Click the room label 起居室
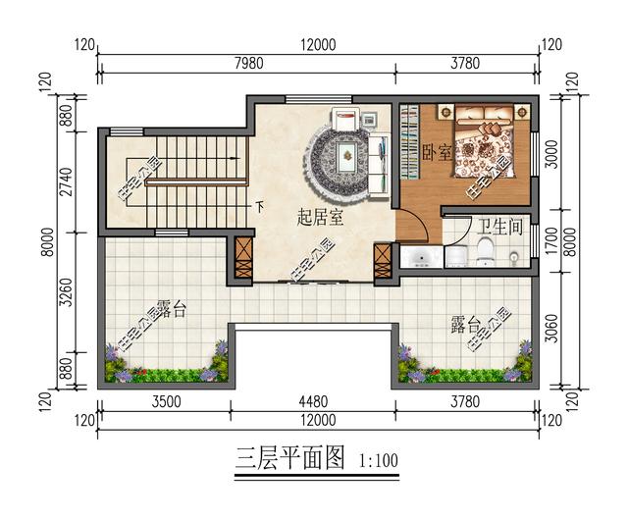pyautogui.click(x=320, y=218)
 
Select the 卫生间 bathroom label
pyautogui.click(x=498, y=225)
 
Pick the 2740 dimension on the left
pyautogui.click(x=67, y=183)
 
